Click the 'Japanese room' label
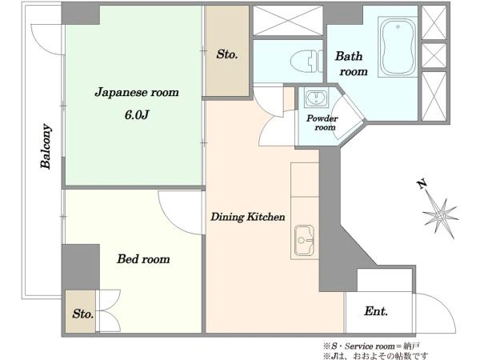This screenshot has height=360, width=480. pyautogui.click(x=137, y=92)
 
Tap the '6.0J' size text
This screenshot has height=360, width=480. pyautogui.click(x=137, y=114)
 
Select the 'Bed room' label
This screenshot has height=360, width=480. pyautogui.click(x=143, y=259)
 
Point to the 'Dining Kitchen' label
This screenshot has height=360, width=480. pyautogui.click(x=248, y=217)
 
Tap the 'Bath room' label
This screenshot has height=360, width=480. pyautogui.click(x=351, y=64)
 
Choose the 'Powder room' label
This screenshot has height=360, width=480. pyautogui.click(x=322, y=123)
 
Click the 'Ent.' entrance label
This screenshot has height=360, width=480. pyautogui.click(x=376, y=311)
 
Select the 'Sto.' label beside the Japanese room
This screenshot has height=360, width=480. pyautogui.click(x=227, y=55)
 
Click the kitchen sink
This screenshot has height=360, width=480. pyautogui.click(x=305, y=238)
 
